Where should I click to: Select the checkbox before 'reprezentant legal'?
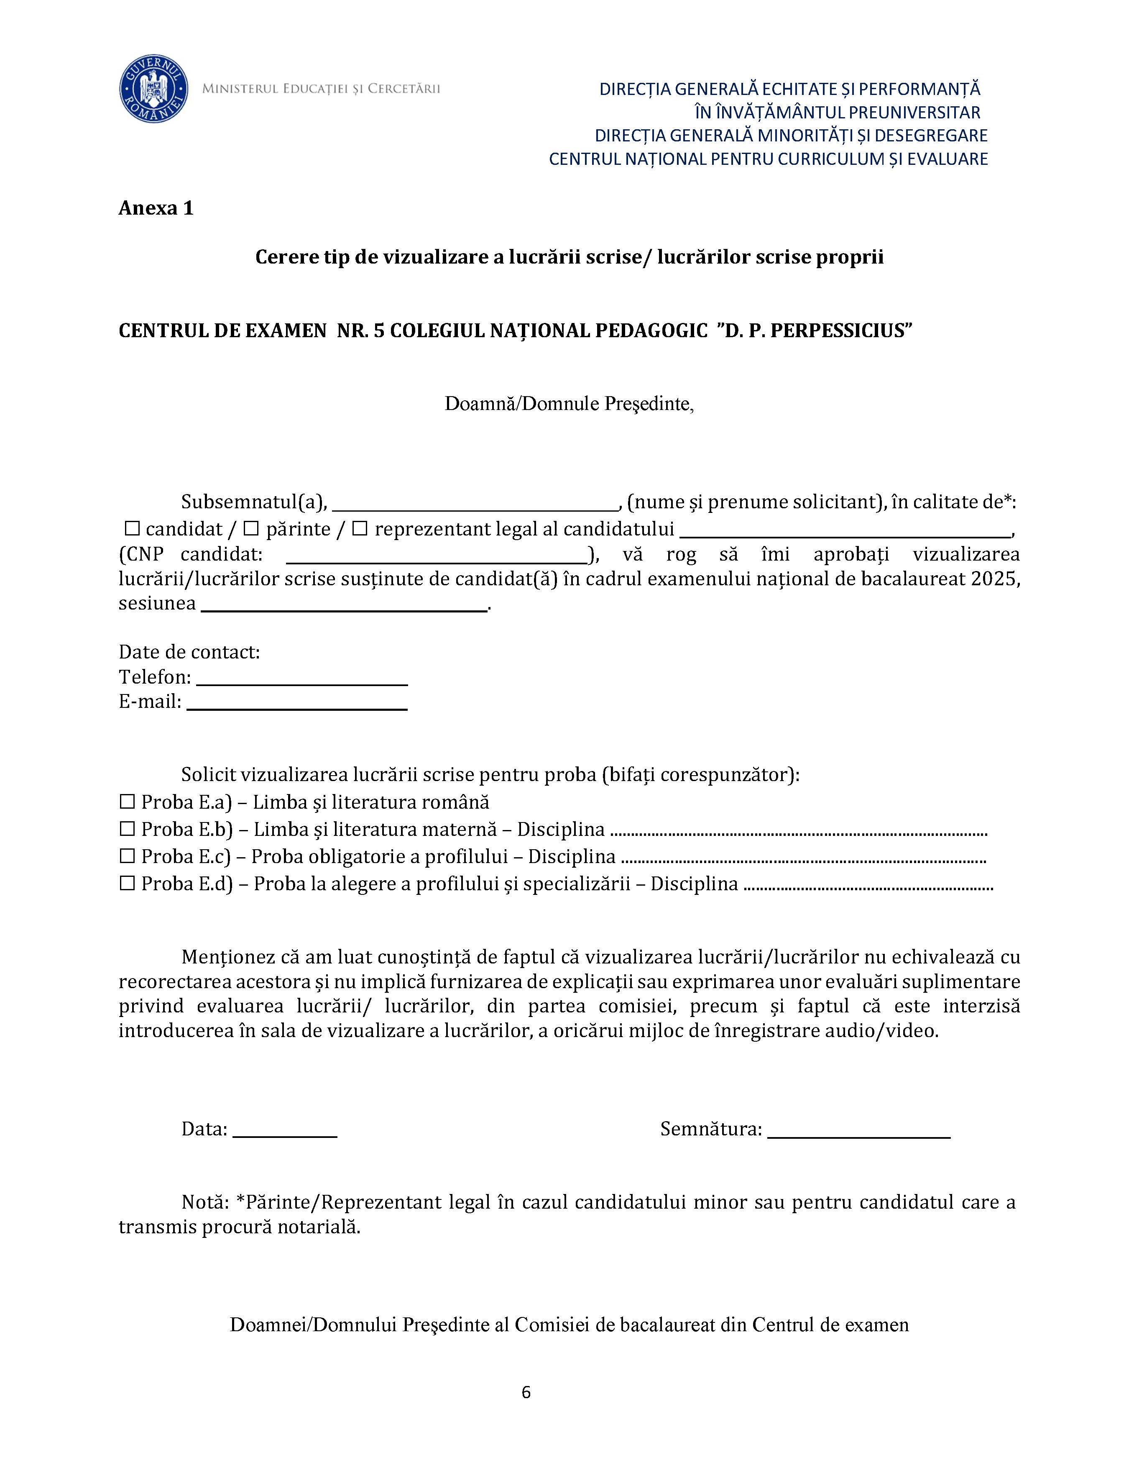point(360,529)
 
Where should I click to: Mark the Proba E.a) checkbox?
point(128,802)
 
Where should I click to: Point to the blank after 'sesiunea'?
point(345,604)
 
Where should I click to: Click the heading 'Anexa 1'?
point(156,208)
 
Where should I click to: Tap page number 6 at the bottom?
point(526,1392)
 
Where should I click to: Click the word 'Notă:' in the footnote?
point(206,1202)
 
